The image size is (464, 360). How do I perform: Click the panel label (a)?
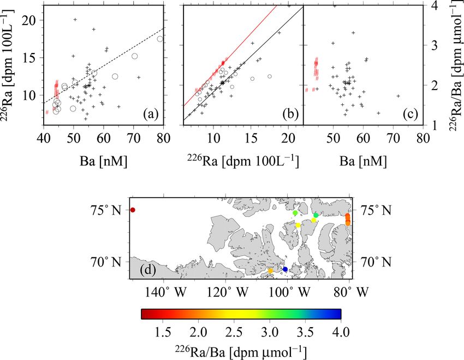pyautogui.click(x=150, y=114)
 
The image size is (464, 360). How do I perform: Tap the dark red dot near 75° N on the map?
pyautogui.click(x=133, y=210)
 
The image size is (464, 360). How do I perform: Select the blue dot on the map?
pyautogui.click(x=285, y=269)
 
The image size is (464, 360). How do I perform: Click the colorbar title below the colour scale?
pyautogui.click(x=241, y=350)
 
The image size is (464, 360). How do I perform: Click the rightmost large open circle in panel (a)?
pyautogui.click(x=160, y=39)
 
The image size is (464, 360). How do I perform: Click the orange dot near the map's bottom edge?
pyautogui.click(x=270, y=270)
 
